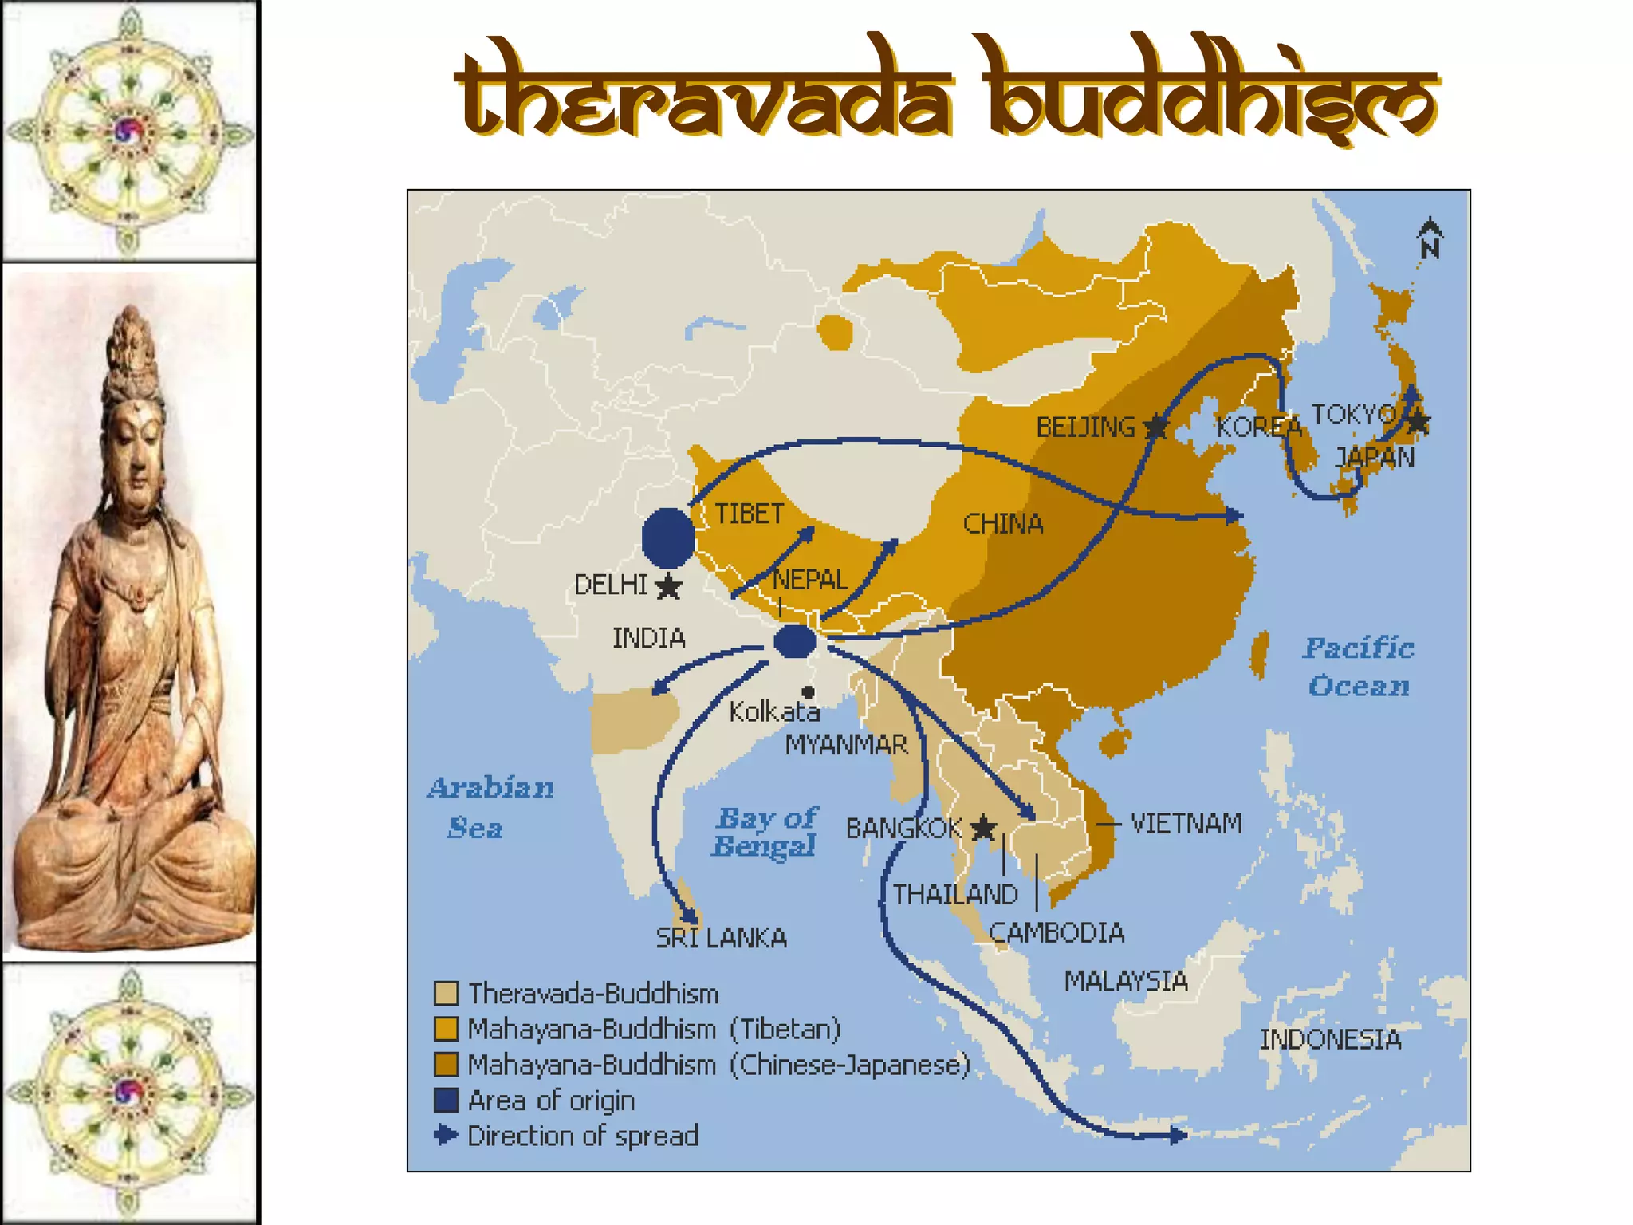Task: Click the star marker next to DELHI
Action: pyautogui.click(x=668, y=587)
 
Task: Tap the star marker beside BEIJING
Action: pyautogui.click(x=1155, y=427)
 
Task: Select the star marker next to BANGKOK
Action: pyautogui.click(x=984, y=828)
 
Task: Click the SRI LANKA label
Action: pyautogui.click(x=721, y=938)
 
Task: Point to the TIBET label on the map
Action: pyautogui.click(x=749, y=514)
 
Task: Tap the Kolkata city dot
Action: pyautogui.click(x=808, y=691)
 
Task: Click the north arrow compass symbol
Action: pyautogui.click(x=1430, y=238)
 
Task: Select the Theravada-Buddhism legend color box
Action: pyautogui.click(x=446, y=994)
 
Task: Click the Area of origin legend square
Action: pyautogui.click(x=446, y=1101)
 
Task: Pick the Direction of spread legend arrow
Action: pyautogui.click(x=446, y=1135)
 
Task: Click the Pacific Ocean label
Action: pyautogui.click(x=1359, y=667)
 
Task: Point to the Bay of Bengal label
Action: pyautogui.click(x=765, y=831)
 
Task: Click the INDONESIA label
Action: pyautogui.click(x=1330, y=1040)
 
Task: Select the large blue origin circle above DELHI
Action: pyautogui.click(x=668, y=538)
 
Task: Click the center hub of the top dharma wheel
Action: pyautogui.click(x=128, y=130)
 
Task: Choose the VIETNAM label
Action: pyautogui.click(x=1186, y=824)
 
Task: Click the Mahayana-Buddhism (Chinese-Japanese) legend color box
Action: pyautogui.click(x=446, y=1065)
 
